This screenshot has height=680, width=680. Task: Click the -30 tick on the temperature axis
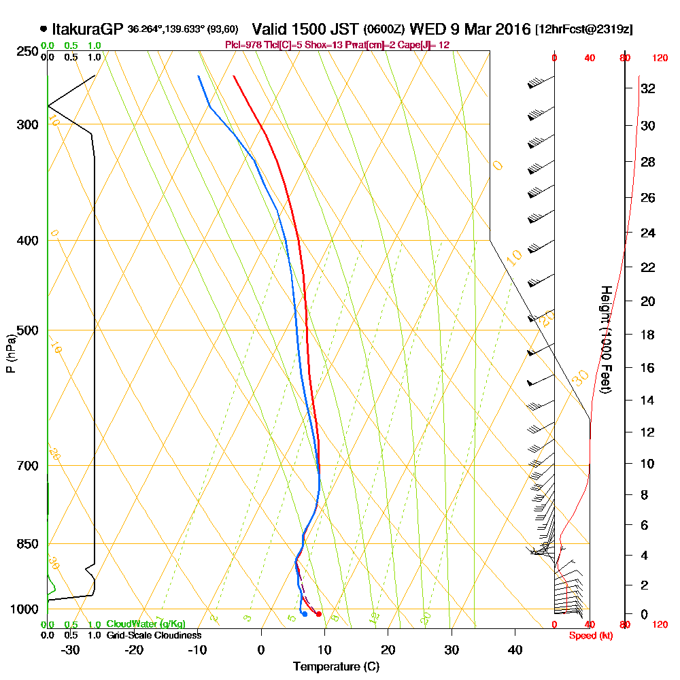(x=71, y=650)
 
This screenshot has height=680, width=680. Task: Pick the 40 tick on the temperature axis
(x=515, y=650)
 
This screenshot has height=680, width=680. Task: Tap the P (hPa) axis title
(x=10, y=353)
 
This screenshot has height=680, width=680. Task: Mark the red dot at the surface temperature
(x=319, y=614)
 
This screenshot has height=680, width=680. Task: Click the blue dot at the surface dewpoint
(x=305, y=614)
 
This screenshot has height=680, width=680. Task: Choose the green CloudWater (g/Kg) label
(x=146, y=624)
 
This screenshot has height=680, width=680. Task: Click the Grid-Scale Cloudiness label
(x=154, y=635)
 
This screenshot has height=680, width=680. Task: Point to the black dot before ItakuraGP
(x=44, y=29)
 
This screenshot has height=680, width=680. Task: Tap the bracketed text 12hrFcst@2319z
(x=584, y=29)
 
